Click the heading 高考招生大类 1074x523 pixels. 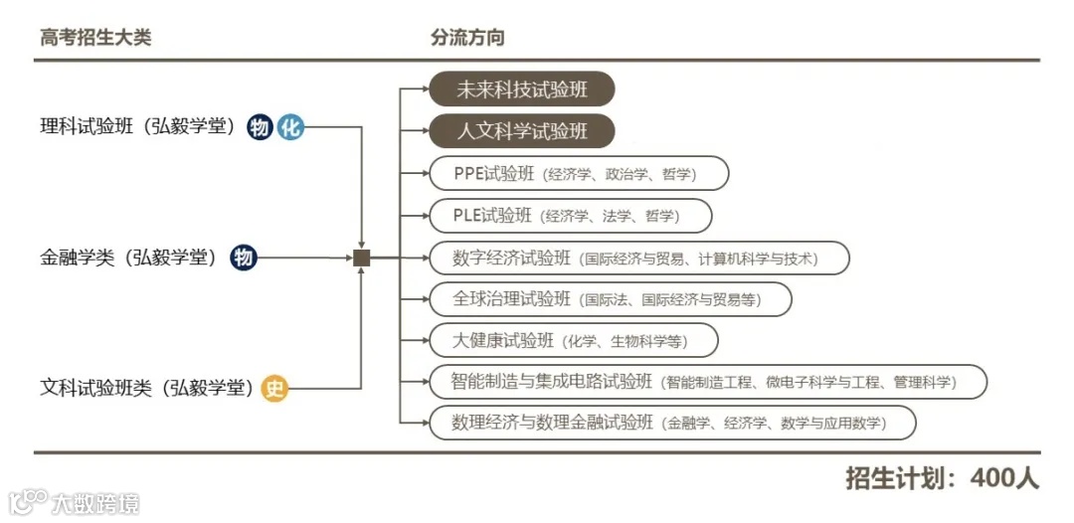pyautogui.click(x=95, y=38)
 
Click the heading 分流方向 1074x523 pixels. pyautogui.click(x=467, y=38)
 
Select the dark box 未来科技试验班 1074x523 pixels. pyautogui.click(x=522, y=89)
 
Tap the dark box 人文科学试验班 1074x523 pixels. pyautogui.click(x=522, y=130)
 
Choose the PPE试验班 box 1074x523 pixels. pyautogui.click(x=579, y=173)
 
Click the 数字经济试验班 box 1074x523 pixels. pyautogui.click(x=639, y=258)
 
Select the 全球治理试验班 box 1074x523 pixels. pyautogui.click(x=610, y=298)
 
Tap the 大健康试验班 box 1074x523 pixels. pyautogui.click(x=573, y=340)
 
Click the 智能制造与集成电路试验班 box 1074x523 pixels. pyautogui.click(x=707, y=381)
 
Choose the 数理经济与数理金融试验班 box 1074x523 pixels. pyautogui.click(x=672, y=423)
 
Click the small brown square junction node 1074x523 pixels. pyautogui.click(x=362, y=258)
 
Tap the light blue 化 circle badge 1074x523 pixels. pyautogui.click(x=289, y=127)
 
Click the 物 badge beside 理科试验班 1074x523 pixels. pyautogui.click(x=261, y=127)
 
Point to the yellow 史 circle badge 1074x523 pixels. pyautogui.click(x=274, y=389)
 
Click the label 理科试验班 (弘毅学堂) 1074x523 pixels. pyautogui.click(x=138, y=127)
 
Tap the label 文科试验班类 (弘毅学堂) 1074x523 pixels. pyautogui.click(x=147, y=389)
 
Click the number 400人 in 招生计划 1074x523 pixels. pyautogui.click(x=1005, y=478)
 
